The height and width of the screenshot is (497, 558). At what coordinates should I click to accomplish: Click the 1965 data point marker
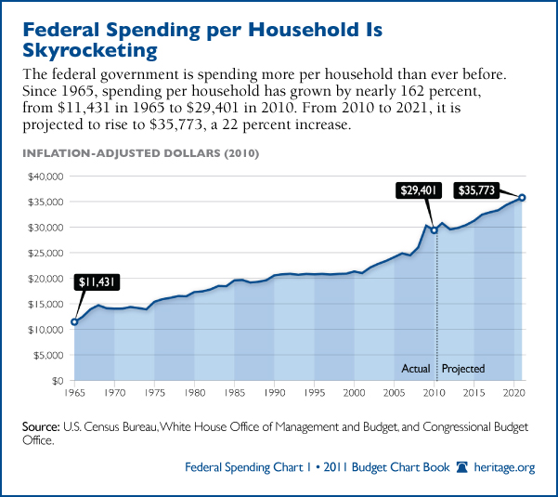(73, 322)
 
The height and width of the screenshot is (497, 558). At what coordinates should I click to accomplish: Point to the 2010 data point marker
(434, 230)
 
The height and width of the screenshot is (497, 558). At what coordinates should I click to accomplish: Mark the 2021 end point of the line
(523, 197)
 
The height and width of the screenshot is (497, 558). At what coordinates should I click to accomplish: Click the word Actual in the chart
(415, 369)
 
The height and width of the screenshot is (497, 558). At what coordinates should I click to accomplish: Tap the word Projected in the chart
(463, 369)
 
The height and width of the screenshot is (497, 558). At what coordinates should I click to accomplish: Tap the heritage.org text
(508, 468)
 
